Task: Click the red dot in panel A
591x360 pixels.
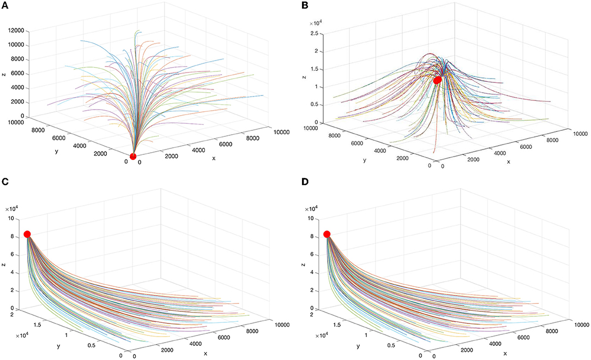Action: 132,157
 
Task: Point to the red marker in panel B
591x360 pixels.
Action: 437,80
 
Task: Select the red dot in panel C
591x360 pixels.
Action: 27,234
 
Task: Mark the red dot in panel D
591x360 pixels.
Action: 327,234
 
